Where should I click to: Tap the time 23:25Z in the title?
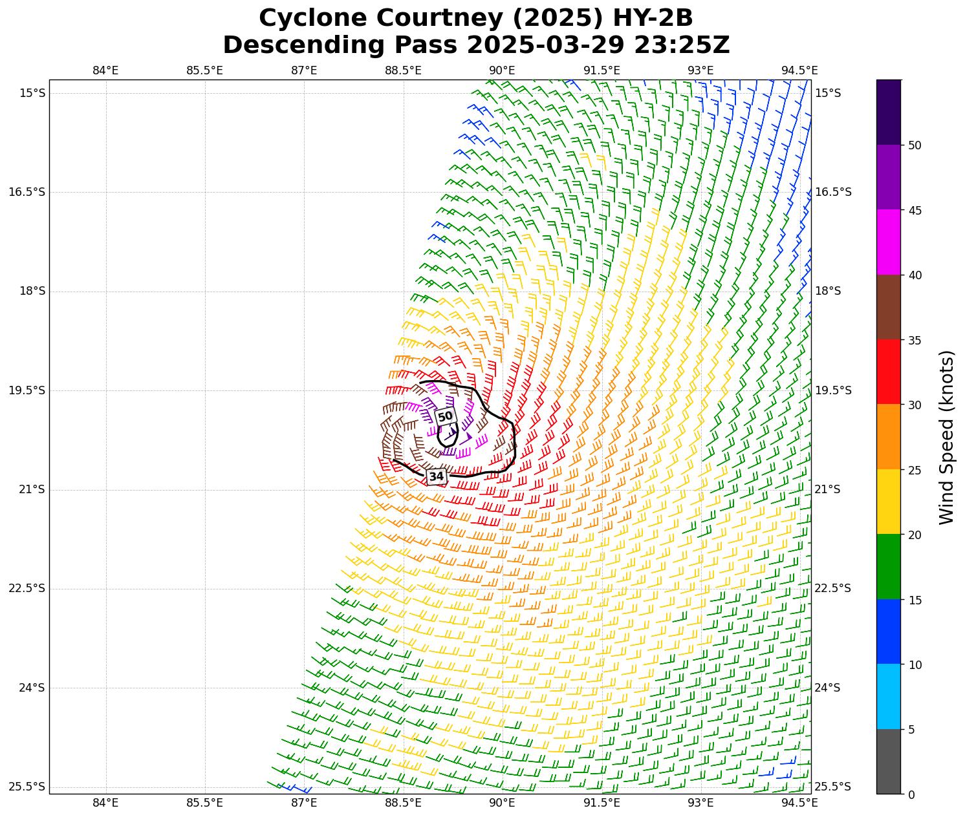[682, 45]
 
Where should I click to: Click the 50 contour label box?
[446, 417]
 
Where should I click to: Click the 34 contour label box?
[437, 476]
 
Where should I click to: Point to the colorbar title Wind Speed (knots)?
[946, 437]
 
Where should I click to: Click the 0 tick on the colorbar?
[911, 794]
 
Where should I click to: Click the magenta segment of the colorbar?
[889, 242]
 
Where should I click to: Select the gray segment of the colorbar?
[889, 761]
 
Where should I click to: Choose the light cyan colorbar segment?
[889, 697]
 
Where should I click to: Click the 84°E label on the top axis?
[105, 70]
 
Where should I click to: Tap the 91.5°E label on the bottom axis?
[602, 803]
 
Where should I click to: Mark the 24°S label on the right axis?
[827, 688]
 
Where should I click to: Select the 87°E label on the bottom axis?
[304, 803]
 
